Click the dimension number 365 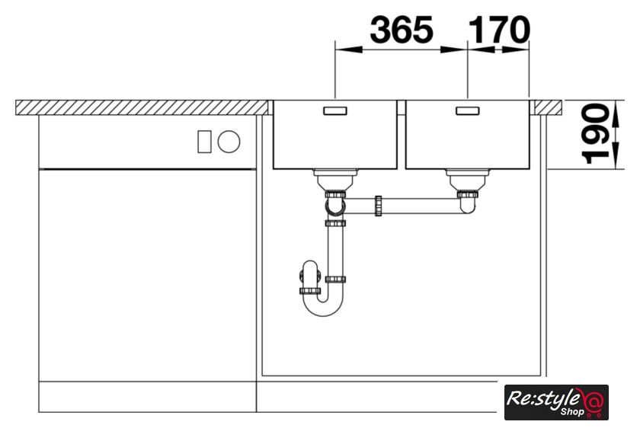click(x=402, y=30)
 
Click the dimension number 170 click(x=499, y=30)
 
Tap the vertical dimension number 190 click(x=595, y=134)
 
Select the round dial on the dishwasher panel click(x=229, y=142)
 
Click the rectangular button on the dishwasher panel click(x=204, y=142)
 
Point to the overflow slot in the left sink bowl click(x=335, y=110)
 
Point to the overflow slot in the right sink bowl click(x=468, y=110)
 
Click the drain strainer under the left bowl click(x=335, y=180)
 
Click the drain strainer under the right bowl click(x=468, y=180)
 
